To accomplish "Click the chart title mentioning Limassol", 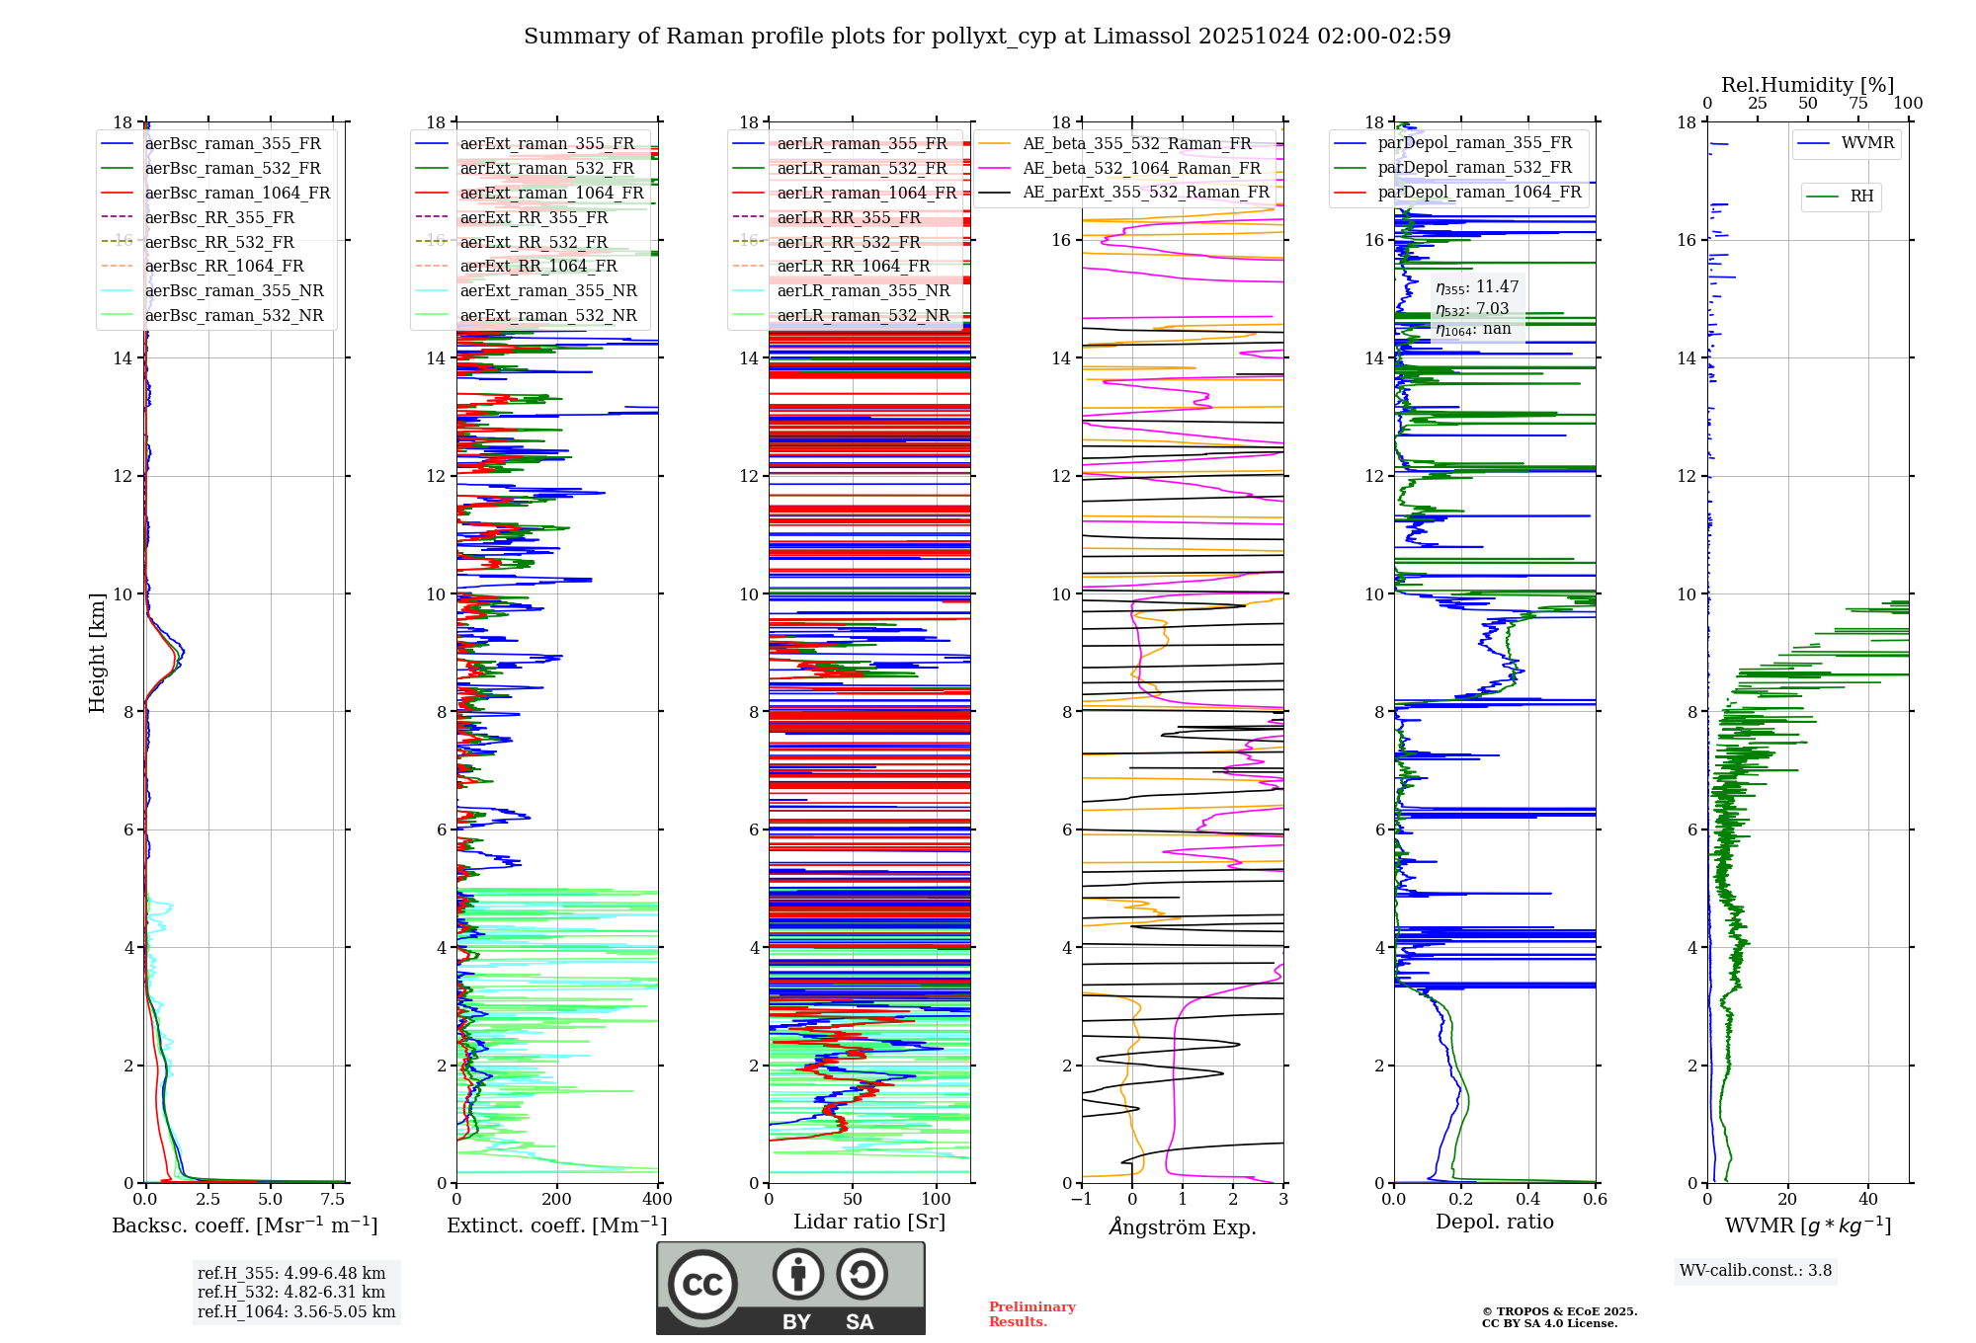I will point(987,37).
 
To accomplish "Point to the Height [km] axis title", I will point(97,652).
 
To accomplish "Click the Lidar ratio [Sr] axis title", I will point(869,1222).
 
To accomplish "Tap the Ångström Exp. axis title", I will point(1183,1226).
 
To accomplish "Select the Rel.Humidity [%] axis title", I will point(1807,85).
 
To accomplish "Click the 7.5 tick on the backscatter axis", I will point(333,1199).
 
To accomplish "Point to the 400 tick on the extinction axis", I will point(657,1199).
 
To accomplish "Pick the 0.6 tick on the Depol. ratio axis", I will point(1596,1199).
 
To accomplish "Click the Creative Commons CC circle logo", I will point(702,1285).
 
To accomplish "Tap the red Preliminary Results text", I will point(1031,1313).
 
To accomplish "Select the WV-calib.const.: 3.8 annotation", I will point(1756,1270).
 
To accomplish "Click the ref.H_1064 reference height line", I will point(296,1311).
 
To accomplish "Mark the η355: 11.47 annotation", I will point(1477,287).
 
